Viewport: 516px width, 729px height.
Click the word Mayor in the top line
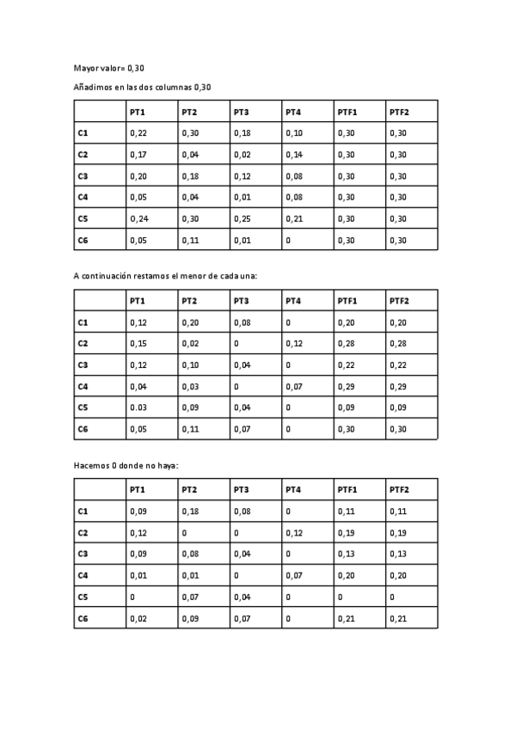click(86, 67)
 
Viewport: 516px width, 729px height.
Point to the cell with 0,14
click(293, 155)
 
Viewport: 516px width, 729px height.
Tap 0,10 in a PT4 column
click(293, 133)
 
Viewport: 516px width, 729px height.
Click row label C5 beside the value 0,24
click(83, 218)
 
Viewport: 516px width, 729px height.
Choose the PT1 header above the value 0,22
click(138, 112)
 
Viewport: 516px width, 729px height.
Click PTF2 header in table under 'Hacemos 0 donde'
click(398, 490)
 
